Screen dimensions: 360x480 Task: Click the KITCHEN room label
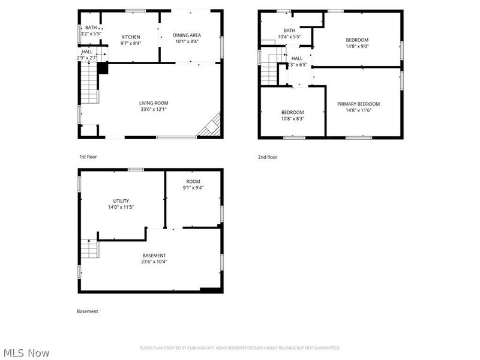131,37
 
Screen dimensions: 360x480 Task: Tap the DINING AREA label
187,35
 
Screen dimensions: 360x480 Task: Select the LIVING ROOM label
154,103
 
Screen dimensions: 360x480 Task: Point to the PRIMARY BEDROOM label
358,104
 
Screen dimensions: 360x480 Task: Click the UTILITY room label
121,201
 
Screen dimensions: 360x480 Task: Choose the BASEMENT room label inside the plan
154,256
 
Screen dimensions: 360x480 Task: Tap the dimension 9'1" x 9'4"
193,188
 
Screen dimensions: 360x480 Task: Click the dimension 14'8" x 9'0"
358,46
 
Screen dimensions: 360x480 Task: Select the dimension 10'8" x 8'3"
293,119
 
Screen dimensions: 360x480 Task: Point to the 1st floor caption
88,157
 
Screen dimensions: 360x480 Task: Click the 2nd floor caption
268,157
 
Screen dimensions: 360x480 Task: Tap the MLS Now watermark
27,353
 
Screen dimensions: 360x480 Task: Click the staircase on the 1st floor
88,85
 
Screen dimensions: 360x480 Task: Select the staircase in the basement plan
89,248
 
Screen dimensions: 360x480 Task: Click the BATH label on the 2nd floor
289,31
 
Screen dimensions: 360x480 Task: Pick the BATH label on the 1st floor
91,28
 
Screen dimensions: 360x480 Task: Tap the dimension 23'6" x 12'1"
154,110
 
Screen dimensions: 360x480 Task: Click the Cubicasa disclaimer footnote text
240,348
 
